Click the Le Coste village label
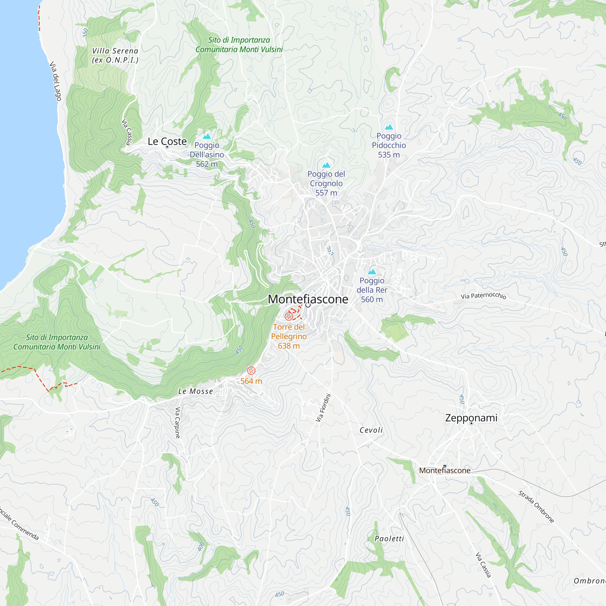(x=167, y=142)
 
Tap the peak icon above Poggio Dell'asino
(x=207, y=136)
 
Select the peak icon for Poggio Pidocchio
(x=389, y=127)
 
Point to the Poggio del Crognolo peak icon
(x=326, y=165)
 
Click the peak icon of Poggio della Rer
(x=372, y=271)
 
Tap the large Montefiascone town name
(x=308, y=299)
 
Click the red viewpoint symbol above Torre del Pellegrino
(x=288, y=316)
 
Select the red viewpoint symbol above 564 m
(x=251, y=371)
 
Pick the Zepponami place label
(x=471, y=418)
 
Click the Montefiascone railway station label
(x=445, y=471)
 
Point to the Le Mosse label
(x=196, y=391)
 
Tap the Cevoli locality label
(x=371, y=430)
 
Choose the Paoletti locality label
(x=389, y=539)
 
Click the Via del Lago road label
(x=55, y=81)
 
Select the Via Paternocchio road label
(x=483, y=296)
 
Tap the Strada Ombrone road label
(x=536, y=507)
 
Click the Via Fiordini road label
(x=323, y=408)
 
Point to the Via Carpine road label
(x=178, y=422)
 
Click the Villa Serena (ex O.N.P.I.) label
(x=115, y=55)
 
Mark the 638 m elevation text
(x=288, y=346)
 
